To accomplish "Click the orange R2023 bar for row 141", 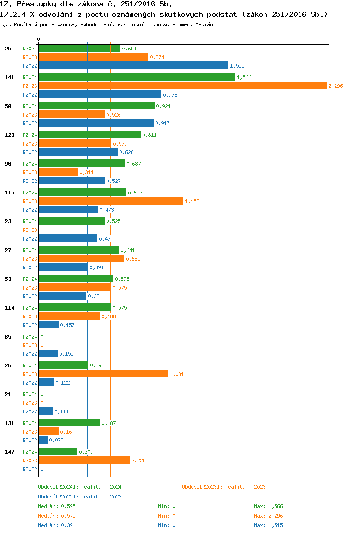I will pyautogui.click(x=182, y=85).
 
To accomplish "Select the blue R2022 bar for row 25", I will pyautogui.click(x=133, y=65).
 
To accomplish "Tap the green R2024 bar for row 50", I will pyautogui.click(x=96, y=106).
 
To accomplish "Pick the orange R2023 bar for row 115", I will pyautogui.click(x=111, y=201).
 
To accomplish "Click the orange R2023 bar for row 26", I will pyautogui.click(x=103, y=374).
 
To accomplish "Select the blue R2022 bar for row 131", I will pyautogui.click(x=43, y=440).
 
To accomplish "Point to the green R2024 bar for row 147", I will pyautogui.click(x=58, y=451).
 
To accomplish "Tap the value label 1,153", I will pyautogui.click(x=192, y=201).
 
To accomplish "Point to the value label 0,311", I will pyautogui.click(x=86, y=172).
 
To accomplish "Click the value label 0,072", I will pyautogui.click(x=56, y=440).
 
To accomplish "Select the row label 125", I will pyautogui.click(x=8, y=135).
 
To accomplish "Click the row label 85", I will pyautogui.click(x=7, y=337).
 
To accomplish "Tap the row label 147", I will pyautogui.click(x=8, y=452).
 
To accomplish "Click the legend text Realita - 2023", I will pyautogui.click(x=245, y=487).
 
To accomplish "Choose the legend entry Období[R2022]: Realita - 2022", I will pyautogui.click(x=80, y=497).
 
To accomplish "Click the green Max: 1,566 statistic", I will pyautogui.click(x=268, y=506).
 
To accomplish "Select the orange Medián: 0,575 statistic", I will pyautogui.click(x=57, y=516).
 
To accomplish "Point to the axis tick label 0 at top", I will pyautogui.click(x=39, y=39).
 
